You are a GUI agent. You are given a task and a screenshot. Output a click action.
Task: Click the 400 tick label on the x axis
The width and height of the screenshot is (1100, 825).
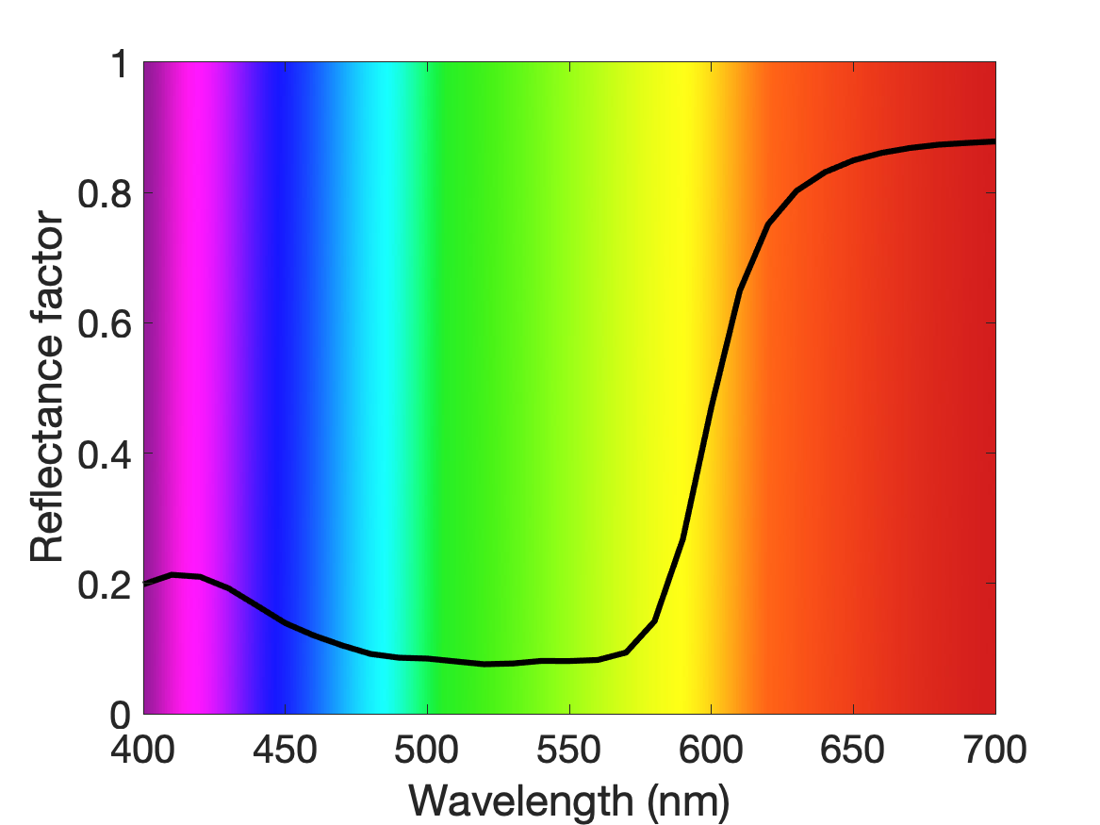(143, 750)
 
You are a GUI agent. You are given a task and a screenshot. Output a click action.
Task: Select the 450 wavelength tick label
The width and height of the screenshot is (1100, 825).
(285, 750)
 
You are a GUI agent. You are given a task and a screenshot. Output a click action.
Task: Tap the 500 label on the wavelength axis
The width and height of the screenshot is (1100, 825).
(427, 750)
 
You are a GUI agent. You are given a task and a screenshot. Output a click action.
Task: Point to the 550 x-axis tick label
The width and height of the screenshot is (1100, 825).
(569, 750)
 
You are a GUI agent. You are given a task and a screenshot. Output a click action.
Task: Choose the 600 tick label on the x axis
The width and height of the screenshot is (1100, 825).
(711, 750)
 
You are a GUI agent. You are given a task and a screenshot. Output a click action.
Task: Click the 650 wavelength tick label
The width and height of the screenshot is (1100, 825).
(852, 750)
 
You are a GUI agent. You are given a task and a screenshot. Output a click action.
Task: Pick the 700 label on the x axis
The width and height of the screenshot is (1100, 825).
(994, 750)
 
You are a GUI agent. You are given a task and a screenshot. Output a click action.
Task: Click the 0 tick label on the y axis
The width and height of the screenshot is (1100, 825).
(121, 715)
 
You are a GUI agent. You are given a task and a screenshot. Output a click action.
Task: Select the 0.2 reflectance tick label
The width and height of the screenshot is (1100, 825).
(105, 585)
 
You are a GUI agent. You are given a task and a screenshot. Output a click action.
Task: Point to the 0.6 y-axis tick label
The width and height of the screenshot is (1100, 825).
(105, 323)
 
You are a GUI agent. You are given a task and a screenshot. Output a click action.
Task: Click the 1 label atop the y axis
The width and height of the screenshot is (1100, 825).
(122, 63)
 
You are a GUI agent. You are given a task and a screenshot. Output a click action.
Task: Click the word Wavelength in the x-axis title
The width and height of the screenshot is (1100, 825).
(521, 800)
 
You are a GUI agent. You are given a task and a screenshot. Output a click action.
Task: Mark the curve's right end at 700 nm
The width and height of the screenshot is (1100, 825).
(993, 141)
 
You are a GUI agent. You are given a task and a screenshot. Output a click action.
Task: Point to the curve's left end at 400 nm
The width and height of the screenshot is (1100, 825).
(145, 583)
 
